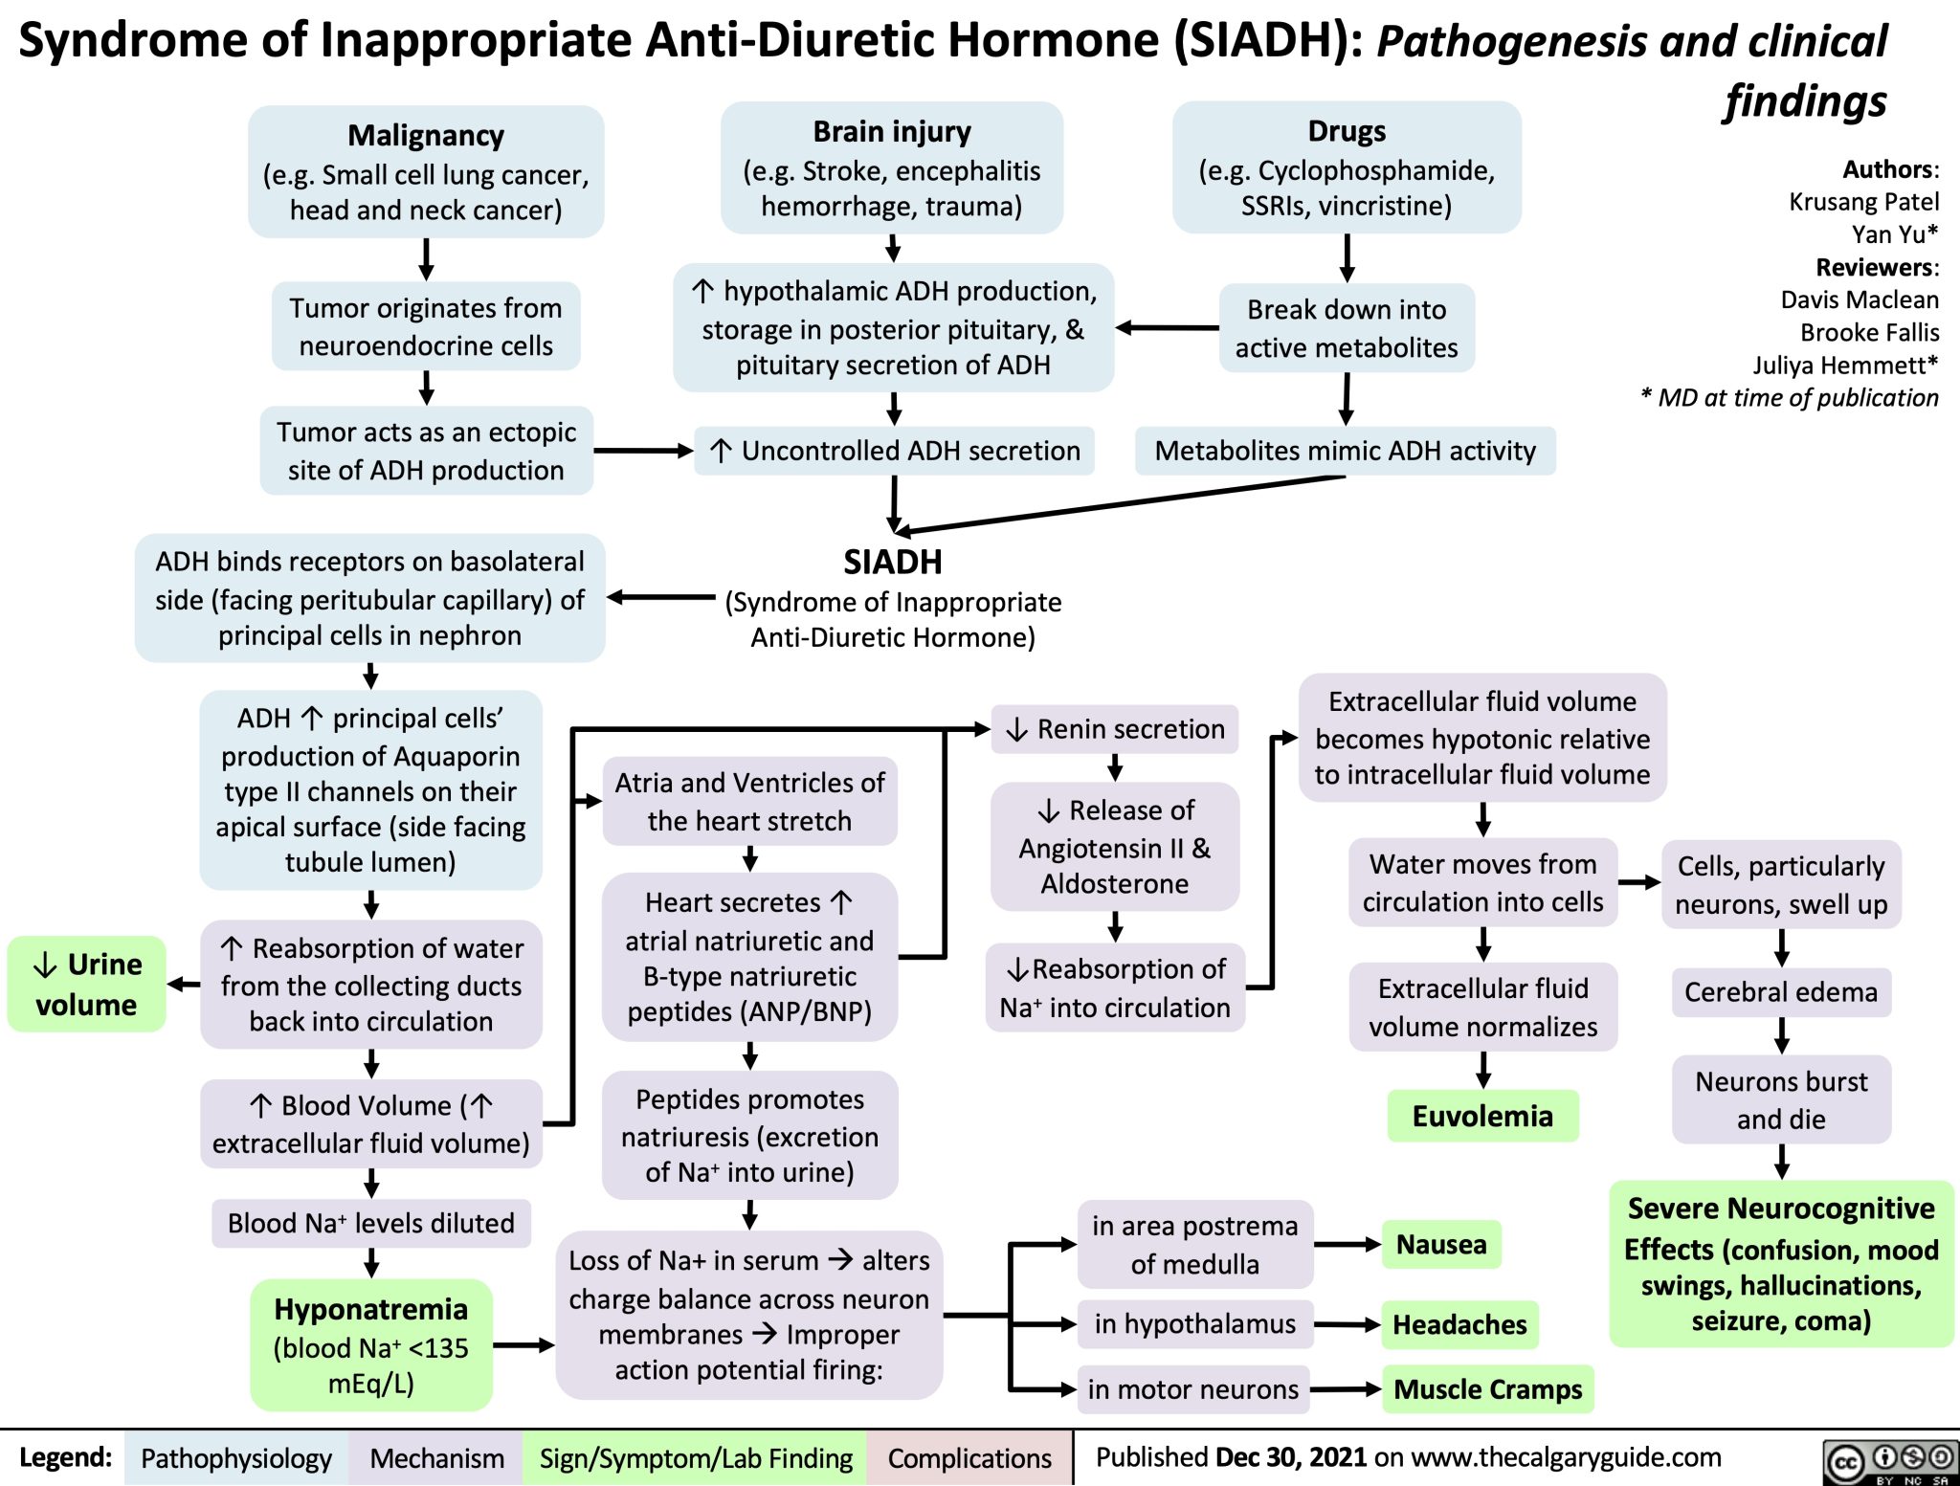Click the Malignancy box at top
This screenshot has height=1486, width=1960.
tap(426, 171)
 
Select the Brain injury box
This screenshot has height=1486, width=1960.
tap(892, 167)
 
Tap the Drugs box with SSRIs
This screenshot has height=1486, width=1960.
tap(1347, 167)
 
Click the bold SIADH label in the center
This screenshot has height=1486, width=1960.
tap(892, 562)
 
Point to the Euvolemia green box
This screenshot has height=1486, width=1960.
tap(1482, 1116)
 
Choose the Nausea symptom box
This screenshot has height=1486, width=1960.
tap(1441, 1244)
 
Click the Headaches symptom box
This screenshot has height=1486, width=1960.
tap(1459, 1324)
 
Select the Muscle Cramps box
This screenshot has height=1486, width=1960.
tap(1488, 1388)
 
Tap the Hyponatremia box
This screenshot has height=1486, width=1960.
tap(371, 1344)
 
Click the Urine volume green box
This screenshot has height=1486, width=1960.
tap(87, 984)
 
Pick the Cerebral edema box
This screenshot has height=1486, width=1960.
tap(1781, 992)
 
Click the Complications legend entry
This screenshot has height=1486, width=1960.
tap(969, 1458)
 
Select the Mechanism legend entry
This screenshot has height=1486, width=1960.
tap(436, 1458)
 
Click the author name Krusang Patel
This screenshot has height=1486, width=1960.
tap(1863, 202)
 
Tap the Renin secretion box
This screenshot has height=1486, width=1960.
tap(1115, 729)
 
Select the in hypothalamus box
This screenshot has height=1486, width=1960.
tap(1194, 1324)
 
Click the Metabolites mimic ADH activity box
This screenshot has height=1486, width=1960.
tap(1345, 451)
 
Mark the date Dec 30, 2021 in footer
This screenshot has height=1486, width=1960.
tap(1290, 1457)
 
